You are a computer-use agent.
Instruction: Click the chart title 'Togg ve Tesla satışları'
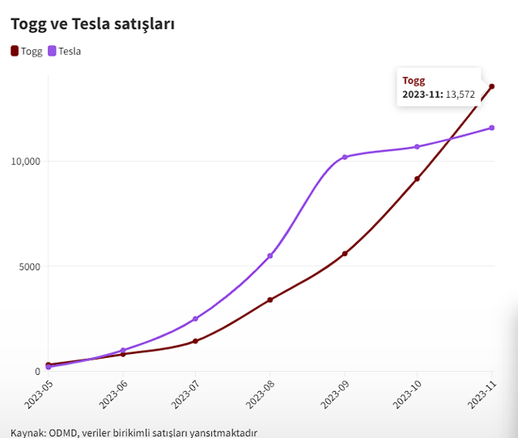(93, 24)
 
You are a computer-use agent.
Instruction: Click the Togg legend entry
(27, 51)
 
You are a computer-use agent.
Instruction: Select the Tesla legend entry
(65, 51)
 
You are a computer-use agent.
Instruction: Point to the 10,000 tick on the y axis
(25, 161)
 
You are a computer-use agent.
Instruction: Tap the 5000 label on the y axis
(30, 266)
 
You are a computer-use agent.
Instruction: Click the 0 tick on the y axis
(37, 371)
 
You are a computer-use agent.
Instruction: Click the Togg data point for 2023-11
(491, 86)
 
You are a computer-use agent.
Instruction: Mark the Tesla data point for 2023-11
(491, 128)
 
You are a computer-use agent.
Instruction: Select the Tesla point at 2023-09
(345, 157)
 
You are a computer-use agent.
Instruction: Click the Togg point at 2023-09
(345, 254)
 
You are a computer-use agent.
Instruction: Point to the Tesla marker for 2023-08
(270, 255)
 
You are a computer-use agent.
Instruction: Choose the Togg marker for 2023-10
(417, 179)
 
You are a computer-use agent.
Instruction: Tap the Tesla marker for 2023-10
(417, 146)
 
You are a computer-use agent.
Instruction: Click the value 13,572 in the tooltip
(461, 95)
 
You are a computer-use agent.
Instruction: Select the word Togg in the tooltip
(414, 81)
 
